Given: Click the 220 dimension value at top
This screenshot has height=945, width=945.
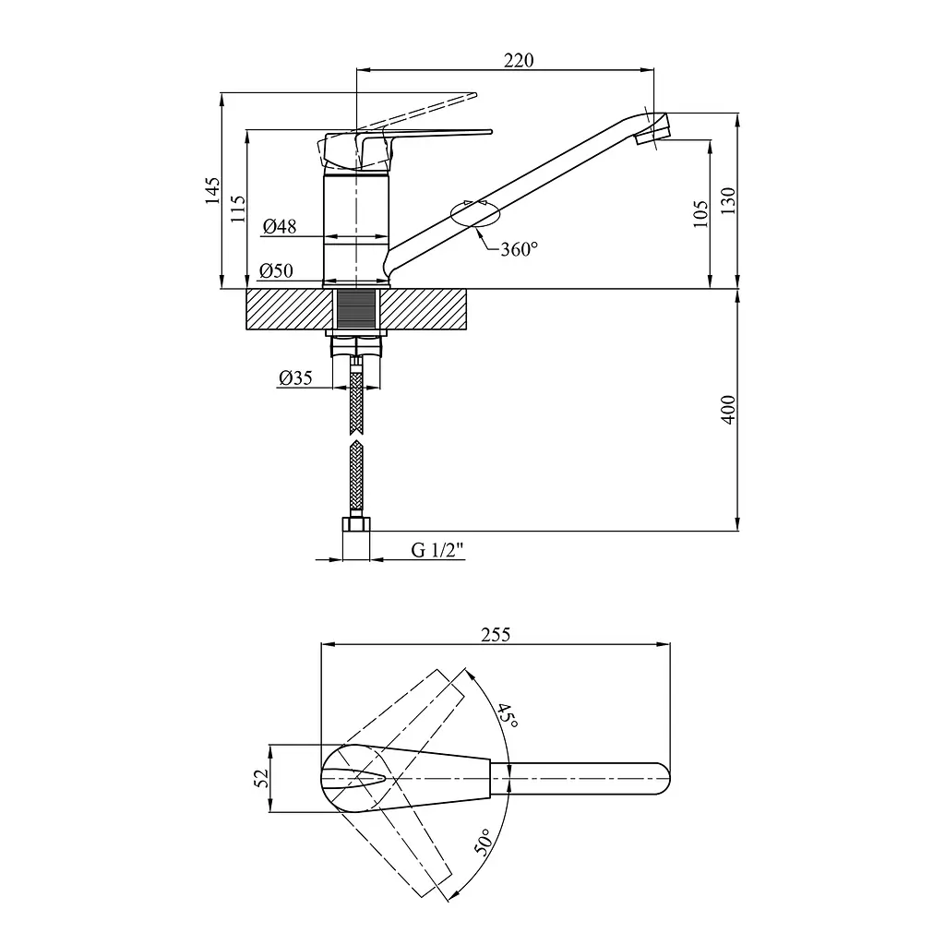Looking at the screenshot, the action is pyautogui.click(x=519, y=60).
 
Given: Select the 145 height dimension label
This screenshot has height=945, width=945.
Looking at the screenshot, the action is pyautogui.click(x=212, y=190).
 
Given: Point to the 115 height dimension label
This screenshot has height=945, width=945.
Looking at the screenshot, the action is pyautogui.click(x=238, y=209).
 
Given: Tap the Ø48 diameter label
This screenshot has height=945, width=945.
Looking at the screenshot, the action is pyautogui.click(x=280, y=226).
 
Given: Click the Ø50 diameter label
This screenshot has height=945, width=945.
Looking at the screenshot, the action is pyautogui.click(x=276, y=270).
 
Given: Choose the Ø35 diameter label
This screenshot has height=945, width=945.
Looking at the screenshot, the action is pyautogui.click(x=295, y=377).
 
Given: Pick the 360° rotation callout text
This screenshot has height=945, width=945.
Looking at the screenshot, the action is pyautogui.click(x=519, y=249).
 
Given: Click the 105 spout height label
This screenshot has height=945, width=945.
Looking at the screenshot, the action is pyautogui.click(x=701, y=214).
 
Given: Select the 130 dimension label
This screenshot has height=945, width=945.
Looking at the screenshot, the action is pyautogui.click(x=728, y=200).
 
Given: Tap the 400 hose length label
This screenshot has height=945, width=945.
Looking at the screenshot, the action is pyautogui.click(x=728, y=410).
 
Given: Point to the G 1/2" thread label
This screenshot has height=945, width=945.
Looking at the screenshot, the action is pyautogui.click(x=438, y=550).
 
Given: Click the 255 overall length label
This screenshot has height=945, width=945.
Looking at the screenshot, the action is pyautogui.click(x=496, y=635).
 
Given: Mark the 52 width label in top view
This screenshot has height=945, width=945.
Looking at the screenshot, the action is pyautogui.click(x=262, y=778).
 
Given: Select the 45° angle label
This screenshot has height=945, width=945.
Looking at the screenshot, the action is pyautogui.click(x=508, y=715).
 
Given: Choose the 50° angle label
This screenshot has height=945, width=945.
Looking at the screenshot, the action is pyautogui.click(x=484, y=842).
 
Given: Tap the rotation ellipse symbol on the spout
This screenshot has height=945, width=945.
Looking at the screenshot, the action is pyautogui.click(x=475, y=213).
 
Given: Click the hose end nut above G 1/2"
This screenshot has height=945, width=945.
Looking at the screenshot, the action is pyautogui.click(x=356, y=524).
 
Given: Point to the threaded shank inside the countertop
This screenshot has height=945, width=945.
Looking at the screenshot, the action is pyautogui.click(x=355, y=309).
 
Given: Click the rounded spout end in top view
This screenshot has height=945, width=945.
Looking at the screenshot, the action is pyautogui.click(x=662, y=779).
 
